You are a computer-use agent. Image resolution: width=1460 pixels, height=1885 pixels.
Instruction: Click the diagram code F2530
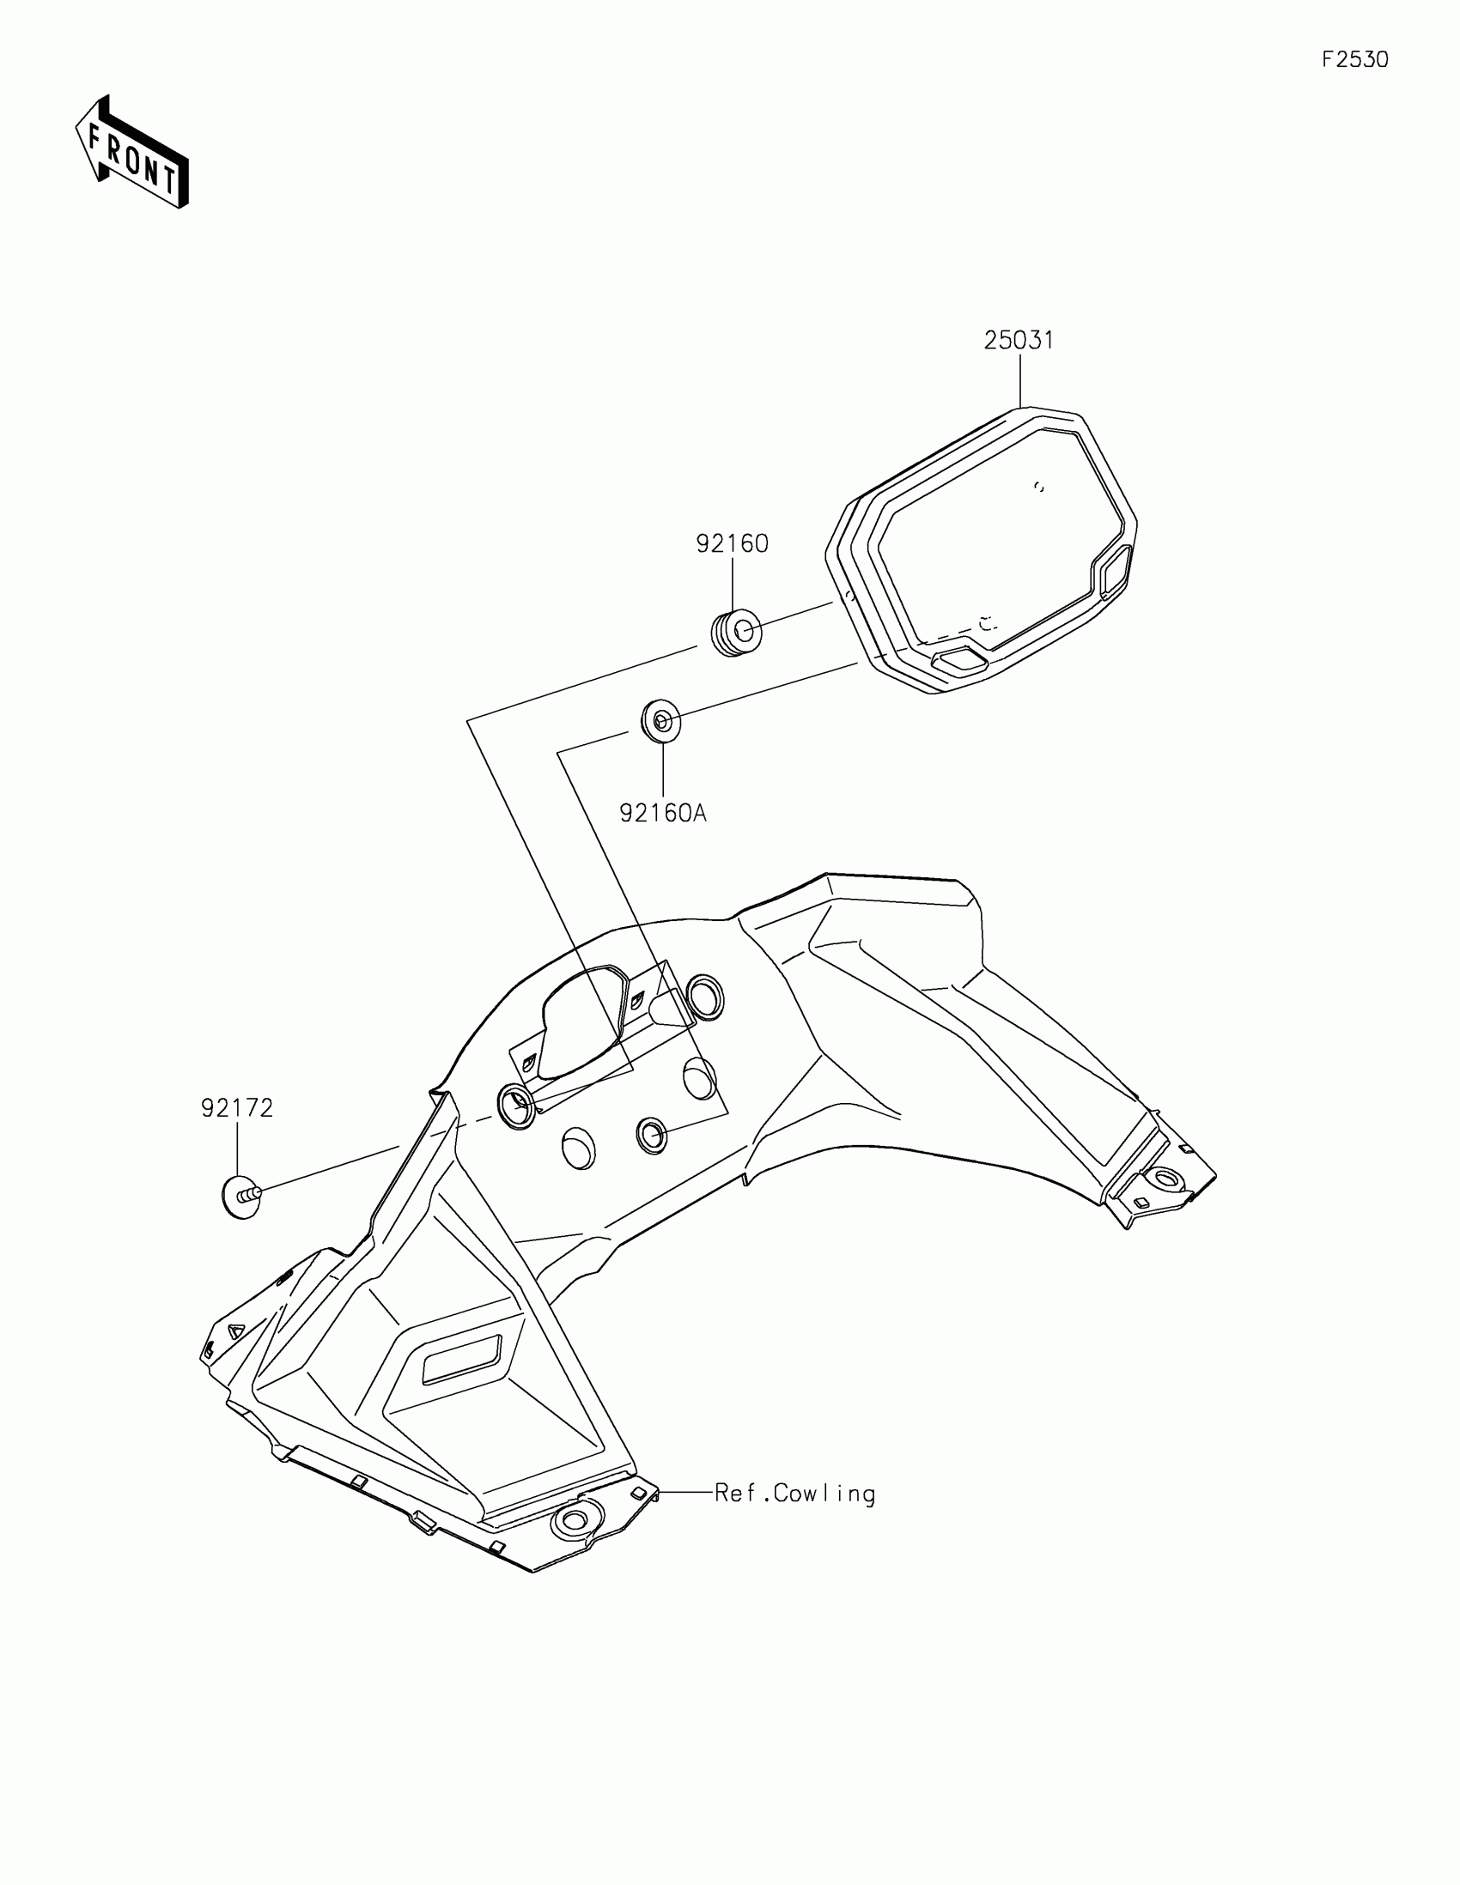coord(1354,59)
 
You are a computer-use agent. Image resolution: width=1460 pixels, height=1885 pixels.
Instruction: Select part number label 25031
coord(1019,341)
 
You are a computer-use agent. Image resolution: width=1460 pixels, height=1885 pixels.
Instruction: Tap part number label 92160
coord(733,543)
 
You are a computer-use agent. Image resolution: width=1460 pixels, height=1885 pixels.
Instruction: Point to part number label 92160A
coord(663,813)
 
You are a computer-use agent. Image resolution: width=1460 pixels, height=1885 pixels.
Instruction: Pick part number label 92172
coord(237,1108)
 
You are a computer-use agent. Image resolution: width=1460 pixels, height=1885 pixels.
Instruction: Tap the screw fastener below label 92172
coord(240,1197)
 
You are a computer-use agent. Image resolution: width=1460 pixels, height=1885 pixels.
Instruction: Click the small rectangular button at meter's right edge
coord(1115,572)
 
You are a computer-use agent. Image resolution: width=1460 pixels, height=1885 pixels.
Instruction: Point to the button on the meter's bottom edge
coord(961,662)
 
